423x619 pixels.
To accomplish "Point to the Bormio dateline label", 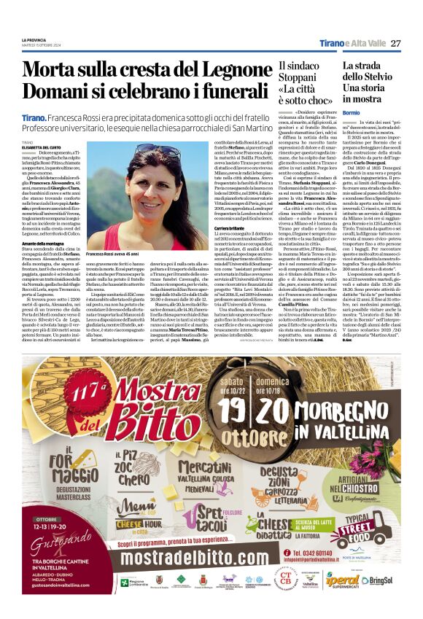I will pos(352,112).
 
